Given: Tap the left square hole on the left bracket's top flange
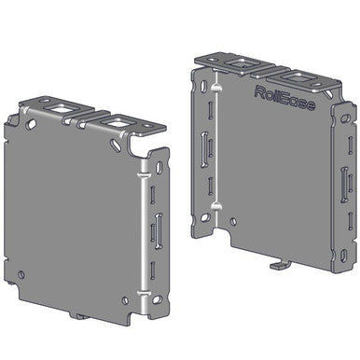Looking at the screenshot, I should [x=63, y=112].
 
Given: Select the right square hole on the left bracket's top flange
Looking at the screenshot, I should [x=118, y=121].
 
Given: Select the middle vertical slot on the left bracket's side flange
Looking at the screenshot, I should [x=157, y=228].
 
